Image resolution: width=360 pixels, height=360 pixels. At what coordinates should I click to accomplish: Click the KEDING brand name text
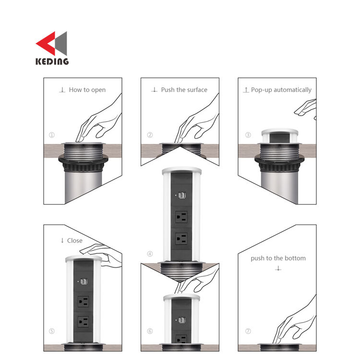[x=52, y=61]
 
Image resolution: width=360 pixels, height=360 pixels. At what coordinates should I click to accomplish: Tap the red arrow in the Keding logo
[x=46, y=43]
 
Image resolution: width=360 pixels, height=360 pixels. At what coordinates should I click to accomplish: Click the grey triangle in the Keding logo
[x=61, y=43]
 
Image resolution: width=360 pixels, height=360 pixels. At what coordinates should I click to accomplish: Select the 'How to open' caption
[x=87, y=90]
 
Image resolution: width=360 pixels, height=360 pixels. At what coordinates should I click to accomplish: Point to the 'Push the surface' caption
[x=184, y=90]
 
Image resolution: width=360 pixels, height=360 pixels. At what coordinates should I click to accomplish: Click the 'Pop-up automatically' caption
[x=281, y=90]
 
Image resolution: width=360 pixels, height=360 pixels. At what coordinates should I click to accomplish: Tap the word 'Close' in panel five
[x=74, y=240]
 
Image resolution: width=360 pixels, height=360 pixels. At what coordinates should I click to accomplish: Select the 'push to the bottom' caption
[x=278, y=258]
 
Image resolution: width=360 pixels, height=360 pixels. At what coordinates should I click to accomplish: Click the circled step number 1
[x=52, y=135]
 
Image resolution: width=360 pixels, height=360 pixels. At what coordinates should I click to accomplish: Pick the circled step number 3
[x=248, y=135]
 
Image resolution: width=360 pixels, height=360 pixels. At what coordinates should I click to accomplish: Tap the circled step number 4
[x=150, y=254]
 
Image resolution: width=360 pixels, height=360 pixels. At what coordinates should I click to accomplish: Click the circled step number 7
[x=248, y=331]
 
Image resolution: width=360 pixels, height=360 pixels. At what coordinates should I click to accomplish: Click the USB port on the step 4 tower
[x=182, y=195]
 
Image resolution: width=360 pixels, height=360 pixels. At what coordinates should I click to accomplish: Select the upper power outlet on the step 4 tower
[x=181, y=217]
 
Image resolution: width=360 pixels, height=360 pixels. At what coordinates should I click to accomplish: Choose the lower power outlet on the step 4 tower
[x=181, y=239]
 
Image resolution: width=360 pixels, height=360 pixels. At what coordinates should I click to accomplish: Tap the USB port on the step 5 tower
[x=84, y=281]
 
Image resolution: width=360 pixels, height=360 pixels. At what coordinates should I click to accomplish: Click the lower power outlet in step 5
[x=84, y=322]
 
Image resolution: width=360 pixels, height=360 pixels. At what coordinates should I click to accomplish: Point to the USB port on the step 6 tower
[x=182, y=320]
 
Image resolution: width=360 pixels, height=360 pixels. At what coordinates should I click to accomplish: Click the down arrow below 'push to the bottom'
[x=278, y=268]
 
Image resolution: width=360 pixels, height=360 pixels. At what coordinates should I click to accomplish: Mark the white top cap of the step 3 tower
[x=280, y=132]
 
